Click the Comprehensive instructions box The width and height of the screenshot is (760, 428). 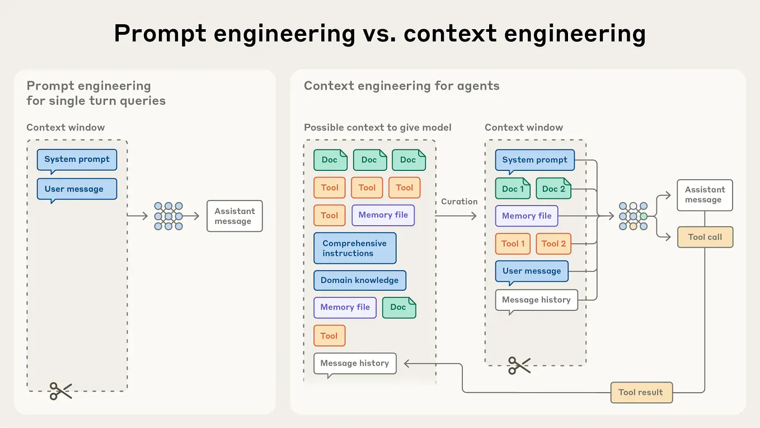click(355, 248)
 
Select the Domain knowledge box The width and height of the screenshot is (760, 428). click(359, 280)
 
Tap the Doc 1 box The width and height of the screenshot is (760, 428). click(513, 189)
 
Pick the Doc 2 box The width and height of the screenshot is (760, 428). click(553, 189)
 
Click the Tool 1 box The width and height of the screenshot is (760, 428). click(513, 244)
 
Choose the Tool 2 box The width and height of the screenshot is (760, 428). click(553, 244)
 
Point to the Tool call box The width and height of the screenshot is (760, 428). click(705, 237)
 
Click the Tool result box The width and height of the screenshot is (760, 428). click(641, 392)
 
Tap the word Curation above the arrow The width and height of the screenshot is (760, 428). click(459, 202)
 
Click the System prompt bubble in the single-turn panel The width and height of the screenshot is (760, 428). click(77, 159)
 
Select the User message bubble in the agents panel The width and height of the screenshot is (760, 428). click(531, 271)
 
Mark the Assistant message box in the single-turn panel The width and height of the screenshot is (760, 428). click(234, 216)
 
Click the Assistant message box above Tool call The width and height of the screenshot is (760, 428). click(705, 195)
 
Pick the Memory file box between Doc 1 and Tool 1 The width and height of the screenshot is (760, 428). click(526, 216)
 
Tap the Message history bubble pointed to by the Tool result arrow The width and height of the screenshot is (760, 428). click(355, 363)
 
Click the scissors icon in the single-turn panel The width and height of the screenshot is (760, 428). click(61, 390)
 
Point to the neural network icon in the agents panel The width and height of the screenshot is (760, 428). click(633, 216)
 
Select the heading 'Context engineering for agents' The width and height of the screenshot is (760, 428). click(401, 86)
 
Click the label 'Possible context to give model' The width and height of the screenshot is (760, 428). click(377, 127)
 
